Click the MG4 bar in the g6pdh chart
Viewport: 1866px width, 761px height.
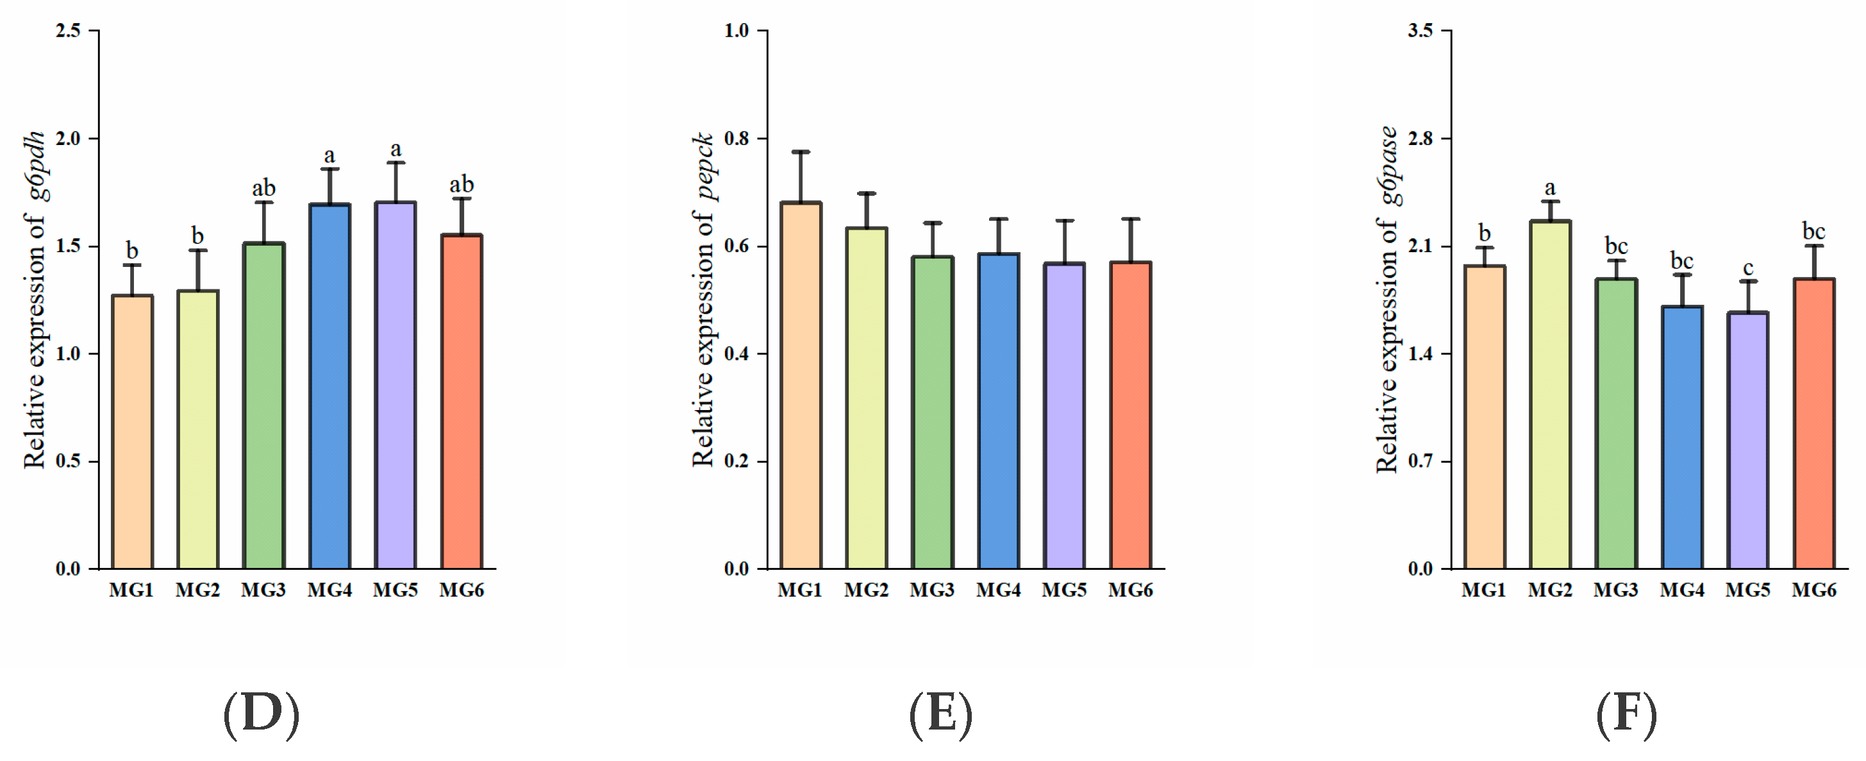pos(329,388)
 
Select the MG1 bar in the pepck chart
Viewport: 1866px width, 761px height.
pos(801,388)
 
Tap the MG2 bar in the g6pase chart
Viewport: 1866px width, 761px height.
pos(1550,395)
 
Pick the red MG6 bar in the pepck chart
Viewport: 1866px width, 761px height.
pos(1130,416)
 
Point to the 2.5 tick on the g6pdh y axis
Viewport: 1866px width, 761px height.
pos(69,30)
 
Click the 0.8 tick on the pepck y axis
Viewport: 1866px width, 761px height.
pos(737,138)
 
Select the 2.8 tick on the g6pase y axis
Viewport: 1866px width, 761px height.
pos(1420,138)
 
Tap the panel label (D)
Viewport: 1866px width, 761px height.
pos(261,715)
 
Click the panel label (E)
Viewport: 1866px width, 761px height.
pos(941,715)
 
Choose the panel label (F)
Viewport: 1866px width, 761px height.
pos(1626,715)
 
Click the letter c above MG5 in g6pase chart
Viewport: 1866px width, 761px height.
pos(1748,268)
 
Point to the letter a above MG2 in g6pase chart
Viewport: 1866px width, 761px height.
pos(1550,188)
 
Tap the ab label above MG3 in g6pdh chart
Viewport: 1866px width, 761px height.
pos(263,189)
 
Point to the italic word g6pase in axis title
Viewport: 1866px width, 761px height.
pos(1388,166)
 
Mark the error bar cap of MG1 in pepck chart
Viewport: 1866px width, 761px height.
pos(801,151)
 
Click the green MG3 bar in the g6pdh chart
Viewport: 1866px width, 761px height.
pos(263,406)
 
